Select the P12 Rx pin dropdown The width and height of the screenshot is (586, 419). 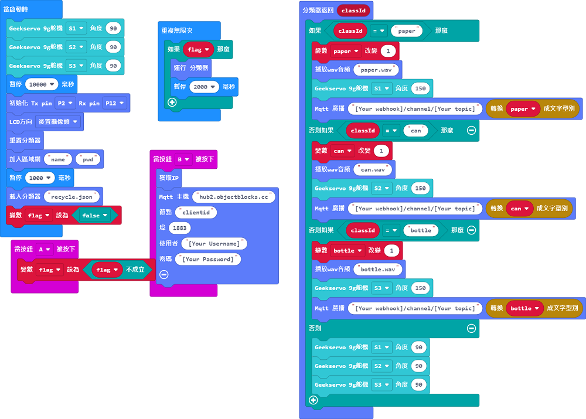coord(114,103)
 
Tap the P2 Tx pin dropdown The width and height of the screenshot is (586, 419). coord(64,103)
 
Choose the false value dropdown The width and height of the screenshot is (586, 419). coord(94,215)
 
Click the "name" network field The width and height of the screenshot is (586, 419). coord(57,159)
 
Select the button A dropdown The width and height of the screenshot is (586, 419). coord(45,249)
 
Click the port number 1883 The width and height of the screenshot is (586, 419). coord(179,227)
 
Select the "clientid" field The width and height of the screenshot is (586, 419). coord(196,212)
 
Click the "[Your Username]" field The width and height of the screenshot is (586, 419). coord(214,243)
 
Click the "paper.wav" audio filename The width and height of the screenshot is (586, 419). coord(377,70)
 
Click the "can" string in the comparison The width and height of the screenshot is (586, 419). coord(415,131)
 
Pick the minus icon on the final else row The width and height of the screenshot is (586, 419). coord(471,328)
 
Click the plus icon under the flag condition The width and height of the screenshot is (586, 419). coord(172,102)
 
